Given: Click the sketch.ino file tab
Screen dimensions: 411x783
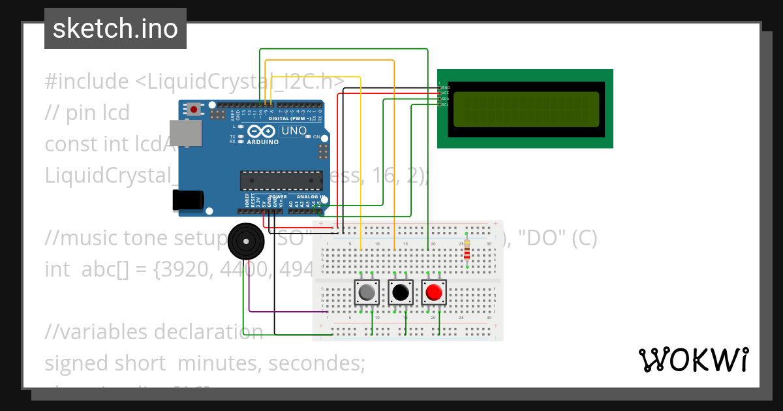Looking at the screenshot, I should click(115, 29).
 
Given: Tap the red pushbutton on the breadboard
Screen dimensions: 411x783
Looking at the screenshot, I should click(433, 293).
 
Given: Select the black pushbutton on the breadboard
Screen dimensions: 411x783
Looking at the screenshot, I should click(400, 293).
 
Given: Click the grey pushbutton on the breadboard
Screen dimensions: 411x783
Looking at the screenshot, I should click(366, 293).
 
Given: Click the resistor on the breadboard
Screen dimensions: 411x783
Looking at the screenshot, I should click(467, 251).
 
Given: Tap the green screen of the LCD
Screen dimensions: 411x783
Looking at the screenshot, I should click(525, 109).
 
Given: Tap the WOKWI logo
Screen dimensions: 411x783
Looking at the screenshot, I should click(693, 360).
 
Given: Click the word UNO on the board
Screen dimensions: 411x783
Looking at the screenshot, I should click(293, 131).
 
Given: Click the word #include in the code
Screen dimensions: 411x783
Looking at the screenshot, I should click(87, 82).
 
